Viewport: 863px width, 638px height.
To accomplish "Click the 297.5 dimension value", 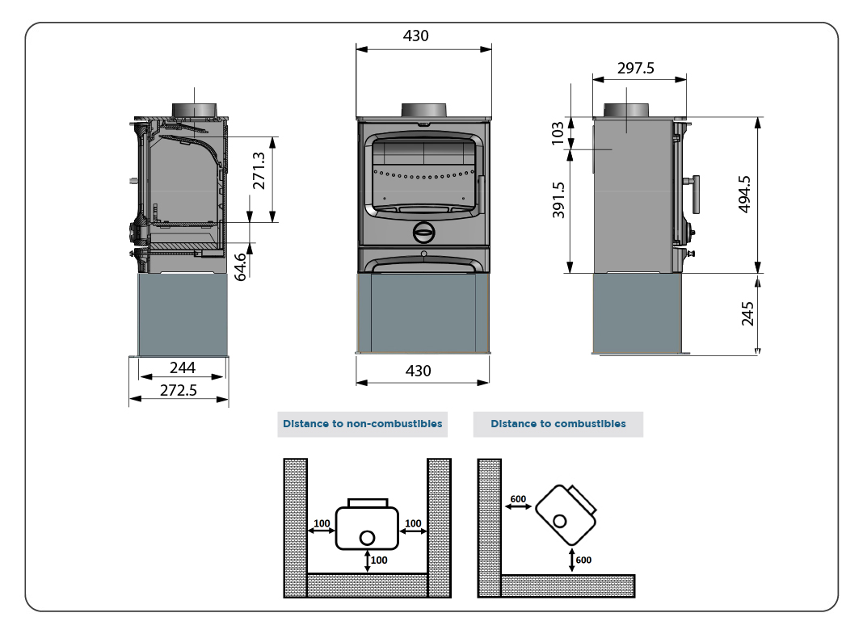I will [x=636, y=69].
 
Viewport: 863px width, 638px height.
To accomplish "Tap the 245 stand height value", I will [x=747, y=313].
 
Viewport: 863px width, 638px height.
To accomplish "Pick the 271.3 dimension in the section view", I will [x=259, y=171].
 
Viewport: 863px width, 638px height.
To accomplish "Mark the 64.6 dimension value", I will [x=241, y=267].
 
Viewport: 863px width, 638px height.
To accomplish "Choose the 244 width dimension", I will [x=182, y=367].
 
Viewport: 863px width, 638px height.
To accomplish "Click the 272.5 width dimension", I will [x=179, y=389].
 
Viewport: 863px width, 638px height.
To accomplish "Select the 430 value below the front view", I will [x=418, y=371].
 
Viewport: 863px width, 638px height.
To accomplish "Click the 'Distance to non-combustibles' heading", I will [x=362, y=424].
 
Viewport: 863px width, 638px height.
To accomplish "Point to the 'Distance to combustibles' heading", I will [x=558, y=424].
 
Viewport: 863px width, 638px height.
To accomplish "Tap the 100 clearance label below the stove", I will [x=379, y=560].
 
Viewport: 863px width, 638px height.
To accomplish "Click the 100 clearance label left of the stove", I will [x=322, y=523].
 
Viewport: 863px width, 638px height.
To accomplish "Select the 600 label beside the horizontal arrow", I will [x=518, y=498].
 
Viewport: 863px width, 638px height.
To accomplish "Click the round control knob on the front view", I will [x=423, y=233].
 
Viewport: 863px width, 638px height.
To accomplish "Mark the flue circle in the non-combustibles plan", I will [x=367, y=538].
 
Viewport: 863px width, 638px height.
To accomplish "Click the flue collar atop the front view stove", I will [x=423, y=111].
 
